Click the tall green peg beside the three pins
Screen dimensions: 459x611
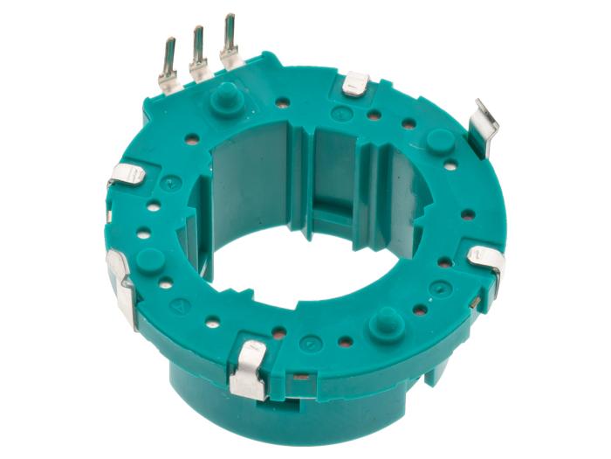(225, 95)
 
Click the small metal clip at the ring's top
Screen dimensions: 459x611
(355, 84)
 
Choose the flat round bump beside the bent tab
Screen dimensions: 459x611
(439, 141)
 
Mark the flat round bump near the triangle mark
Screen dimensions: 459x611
(152, 260)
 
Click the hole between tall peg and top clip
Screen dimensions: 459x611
(283, 102)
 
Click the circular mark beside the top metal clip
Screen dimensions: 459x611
(342, 114)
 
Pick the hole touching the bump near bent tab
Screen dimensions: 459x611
(450, 164)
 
